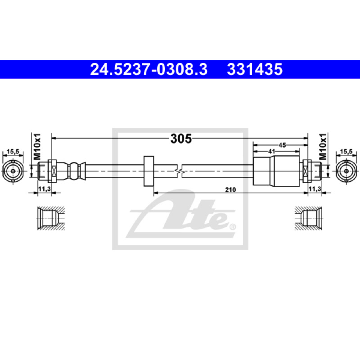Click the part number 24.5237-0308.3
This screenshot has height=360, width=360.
[149, 69]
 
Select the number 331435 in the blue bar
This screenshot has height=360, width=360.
[255, 69]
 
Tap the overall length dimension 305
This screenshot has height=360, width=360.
[181, 139]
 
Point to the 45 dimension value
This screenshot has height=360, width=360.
[282, 145]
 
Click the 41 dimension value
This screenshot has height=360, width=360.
[272, 151]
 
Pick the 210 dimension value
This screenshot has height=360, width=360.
[230, 189]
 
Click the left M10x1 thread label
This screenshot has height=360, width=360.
[37, 147]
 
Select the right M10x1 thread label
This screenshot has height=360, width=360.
[323, 147]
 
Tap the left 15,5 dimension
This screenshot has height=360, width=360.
[13, 151]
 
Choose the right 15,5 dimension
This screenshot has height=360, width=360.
[346, 151]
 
